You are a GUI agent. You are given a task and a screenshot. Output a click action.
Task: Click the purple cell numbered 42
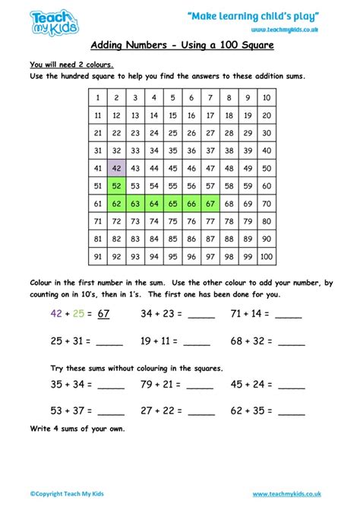coord(116,168)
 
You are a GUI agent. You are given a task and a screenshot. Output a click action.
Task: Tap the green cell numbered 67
coord(210,203)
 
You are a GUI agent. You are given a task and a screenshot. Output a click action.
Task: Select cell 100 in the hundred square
coord(266,257)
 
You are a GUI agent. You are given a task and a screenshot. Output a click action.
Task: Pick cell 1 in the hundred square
coord(98,97)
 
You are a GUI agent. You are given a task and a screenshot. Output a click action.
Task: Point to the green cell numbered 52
coord(116,185)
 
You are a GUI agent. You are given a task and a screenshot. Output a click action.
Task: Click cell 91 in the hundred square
coord(98,257)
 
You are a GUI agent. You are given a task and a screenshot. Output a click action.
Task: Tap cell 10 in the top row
coord(266,97)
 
